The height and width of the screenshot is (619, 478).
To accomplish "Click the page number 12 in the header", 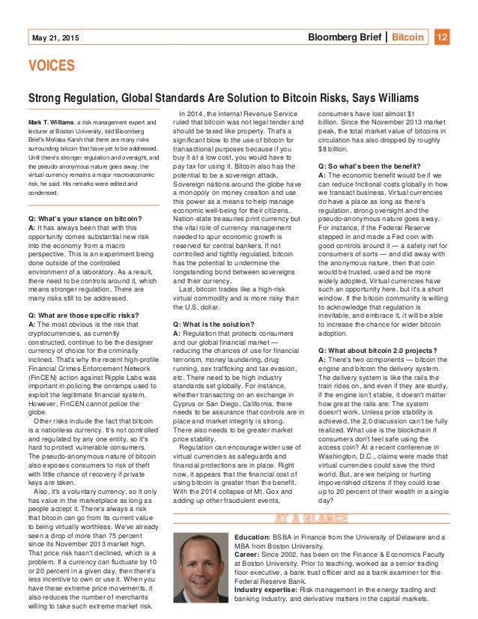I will coord(442,37).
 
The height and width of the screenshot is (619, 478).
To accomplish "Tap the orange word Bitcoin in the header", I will coord(408,37).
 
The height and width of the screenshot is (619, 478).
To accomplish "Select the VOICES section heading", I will coord(52,67).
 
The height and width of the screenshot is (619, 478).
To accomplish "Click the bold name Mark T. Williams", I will coord(55,121).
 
